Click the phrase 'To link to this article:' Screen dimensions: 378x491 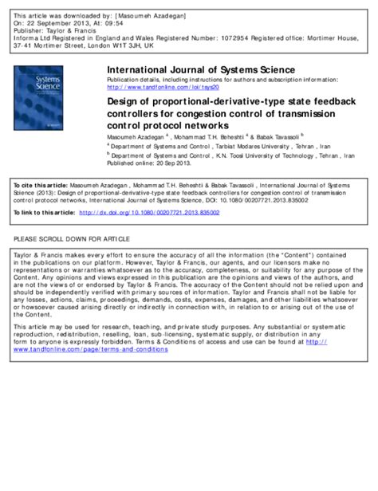point(44,212)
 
